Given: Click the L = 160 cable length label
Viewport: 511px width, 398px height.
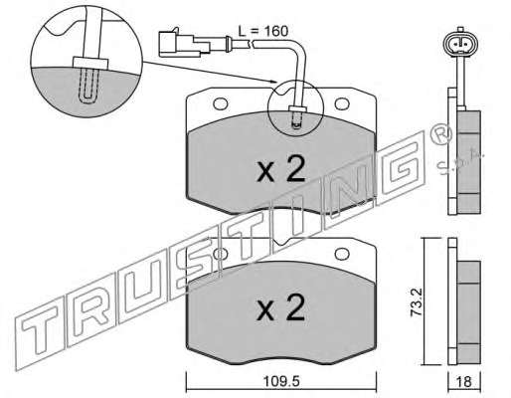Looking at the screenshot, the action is point(263,31).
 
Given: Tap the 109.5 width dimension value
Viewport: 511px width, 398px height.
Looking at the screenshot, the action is point(281,381).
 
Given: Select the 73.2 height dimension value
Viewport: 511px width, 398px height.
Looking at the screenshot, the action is point(417,301).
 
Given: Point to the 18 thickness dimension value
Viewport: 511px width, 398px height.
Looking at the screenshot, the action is point(464,382).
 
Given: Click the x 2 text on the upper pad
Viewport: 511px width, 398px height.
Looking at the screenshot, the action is point(280,169).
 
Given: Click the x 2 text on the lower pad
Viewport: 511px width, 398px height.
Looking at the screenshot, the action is point(280,307).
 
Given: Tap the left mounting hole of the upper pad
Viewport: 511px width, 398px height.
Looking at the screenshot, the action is point(221,103).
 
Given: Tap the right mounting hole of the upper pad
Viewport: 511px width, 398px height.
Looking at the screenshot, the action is point(342,103).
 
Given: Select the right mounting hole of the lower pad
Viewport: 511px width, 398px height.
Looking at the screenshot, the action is point(342,254).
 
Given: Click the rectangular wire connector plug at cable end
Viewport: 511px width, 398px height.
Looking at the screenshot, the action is point(184,44).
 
